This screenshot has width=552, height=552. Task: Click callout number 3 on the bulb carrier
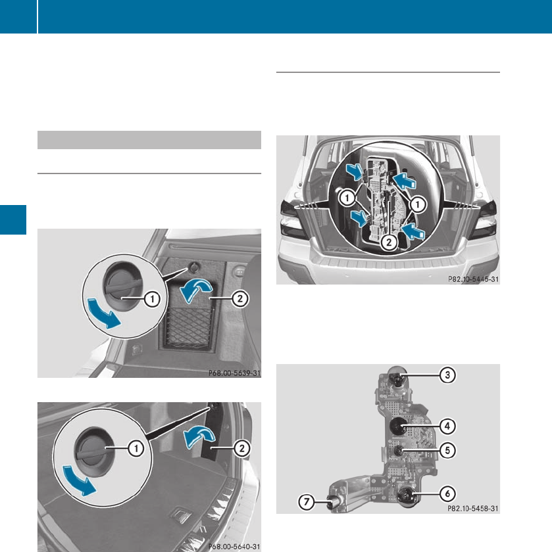(x=447, y=375)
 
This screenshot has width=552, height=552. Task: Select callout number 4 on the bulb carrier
(x=447, y=426)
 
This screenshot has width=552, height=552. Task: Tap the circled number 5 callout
(x=447, y=450)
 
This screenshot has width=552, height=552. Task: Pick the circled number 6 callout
(x=447, y=494)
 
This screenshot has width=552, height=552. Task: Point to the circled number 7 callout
(x=307, y=501)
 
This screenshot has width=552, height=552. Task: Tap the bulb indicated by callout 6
(x=407, y=496)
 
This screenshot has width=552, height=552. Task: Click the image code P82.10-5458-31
(x=473, y=509)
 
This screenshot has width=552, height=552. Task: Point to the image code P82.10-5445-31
(x=474, y=279)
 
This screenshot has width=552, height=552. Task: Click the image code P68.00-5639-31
(x=234, y=373)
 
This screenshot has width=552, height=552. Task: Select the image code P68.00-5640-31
(x=234, y=547)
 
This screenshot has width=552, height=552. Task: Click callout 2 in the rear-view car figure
(x=389, y=242)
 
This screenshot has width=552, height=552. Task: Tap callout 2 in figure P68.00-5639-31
(x=239, y=299)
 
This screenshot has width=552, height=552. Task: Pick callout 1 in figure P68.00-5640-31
(x=136, y=448)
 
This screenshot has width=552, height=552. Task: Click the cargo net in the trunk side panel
(x=189, y=327)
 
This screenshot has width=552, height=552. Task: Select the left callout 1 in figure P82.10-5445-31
(x=347, y=198)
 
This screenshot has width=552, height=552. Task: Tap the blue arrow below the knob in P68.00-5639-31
(x=103, y=313)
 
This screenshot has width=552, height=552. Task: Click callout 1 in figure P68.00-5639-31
(x=152, y=299)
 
